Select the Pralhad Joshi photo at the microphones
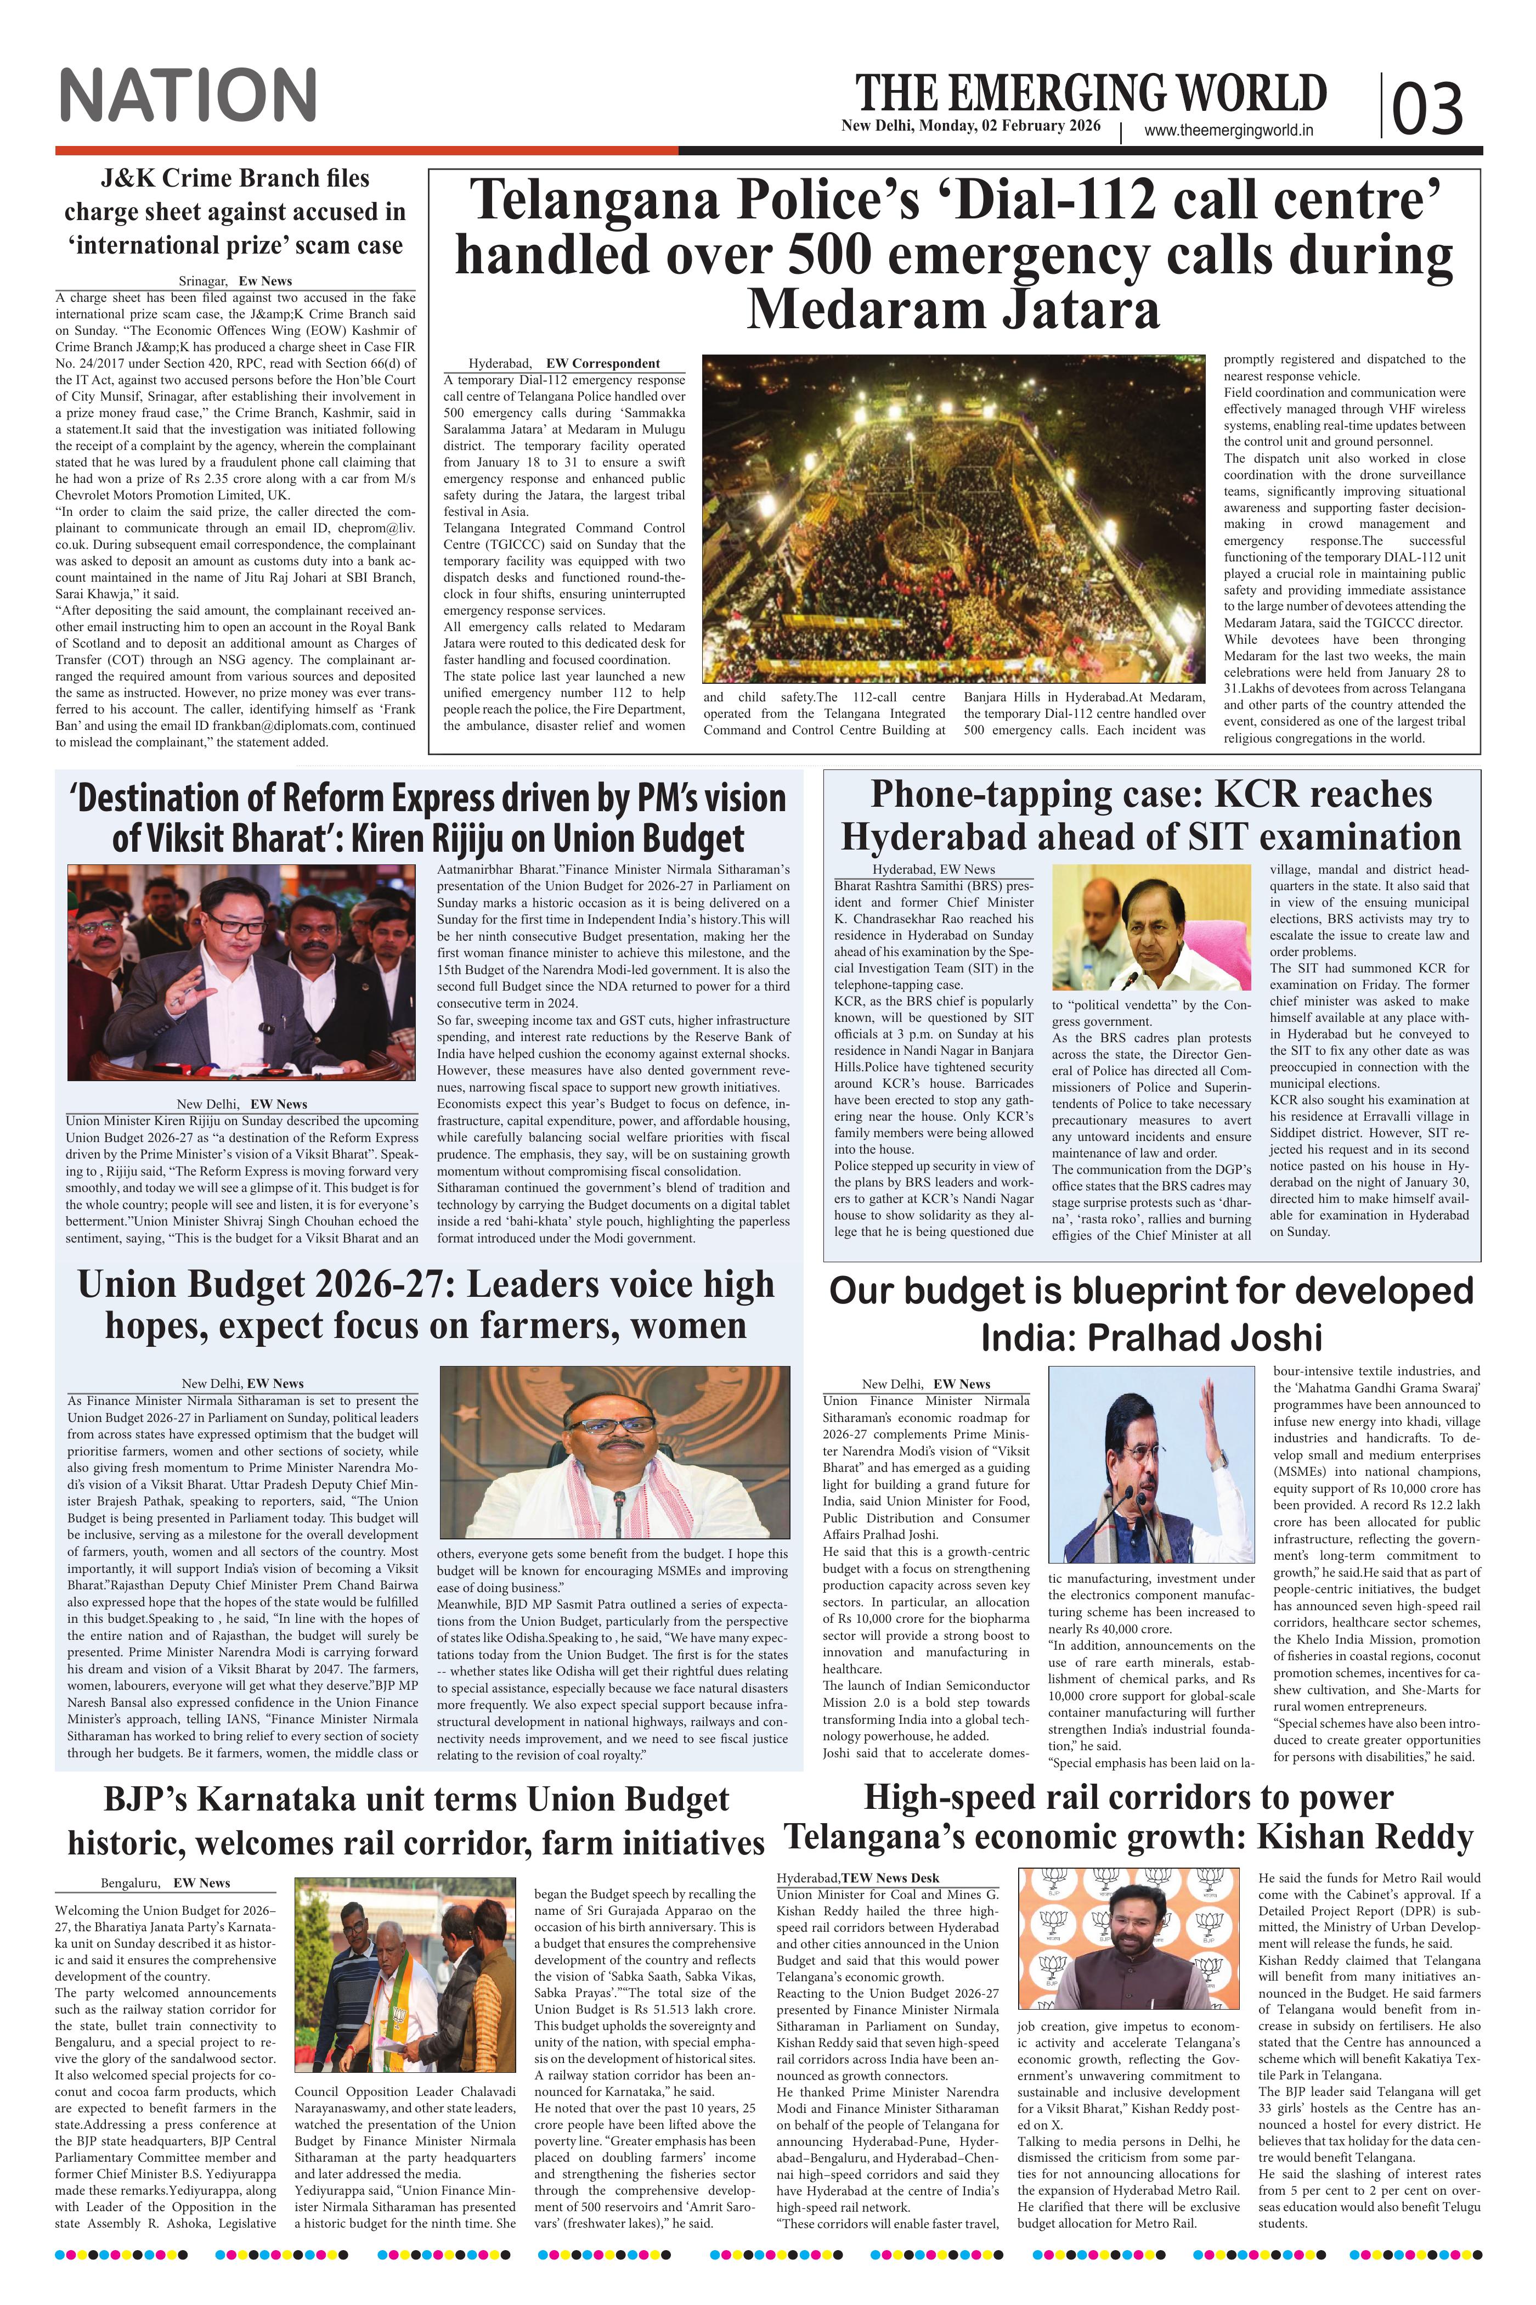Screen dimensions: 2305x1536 tap(1151, 1463)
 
